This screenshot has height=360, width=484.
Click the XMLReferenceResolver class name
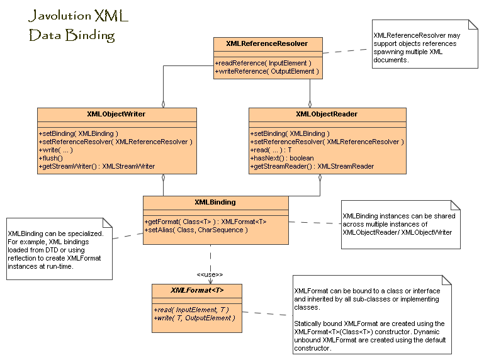pyautogui.click(x=267, y=43)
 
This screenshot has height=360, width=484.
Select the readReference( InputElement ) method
pyautogui.click(x=263, y=63)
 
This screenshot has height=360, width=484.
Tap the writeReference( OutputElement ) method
pyautogui.click(x=267, y=72)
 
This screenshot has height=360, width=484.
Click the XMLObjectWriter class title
pyautogui.click(x=116, y=114)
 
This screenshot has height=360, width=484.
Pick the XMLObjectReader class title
pyautogui.click(x=327, y=114)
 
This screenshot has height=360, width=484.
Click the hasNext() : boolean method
pyautogui.click(x=283, y=158)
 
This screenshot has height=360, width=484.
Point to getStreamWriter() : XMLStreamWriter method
pyautogui.click(x=97, y=166)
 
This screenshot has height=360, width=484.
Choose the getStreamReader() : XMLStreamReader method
pyautogui.click(x=312, y=166)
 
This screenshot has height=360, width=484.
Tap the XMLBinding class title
pyautogui.click(x=215, y=202)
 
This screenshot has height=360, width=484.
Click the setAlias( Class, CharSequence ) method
pyautogui.click(x=197, y=230)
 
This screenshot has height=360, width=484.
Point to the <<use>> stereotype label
pyautogui.click(x=210, y=274)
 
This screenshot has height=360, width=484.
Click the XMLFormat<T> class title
pyautogui.click(x=197, y=290)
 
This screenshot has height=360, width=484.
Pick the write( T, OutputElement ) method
pyautogui.click(x=194, y=318)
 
